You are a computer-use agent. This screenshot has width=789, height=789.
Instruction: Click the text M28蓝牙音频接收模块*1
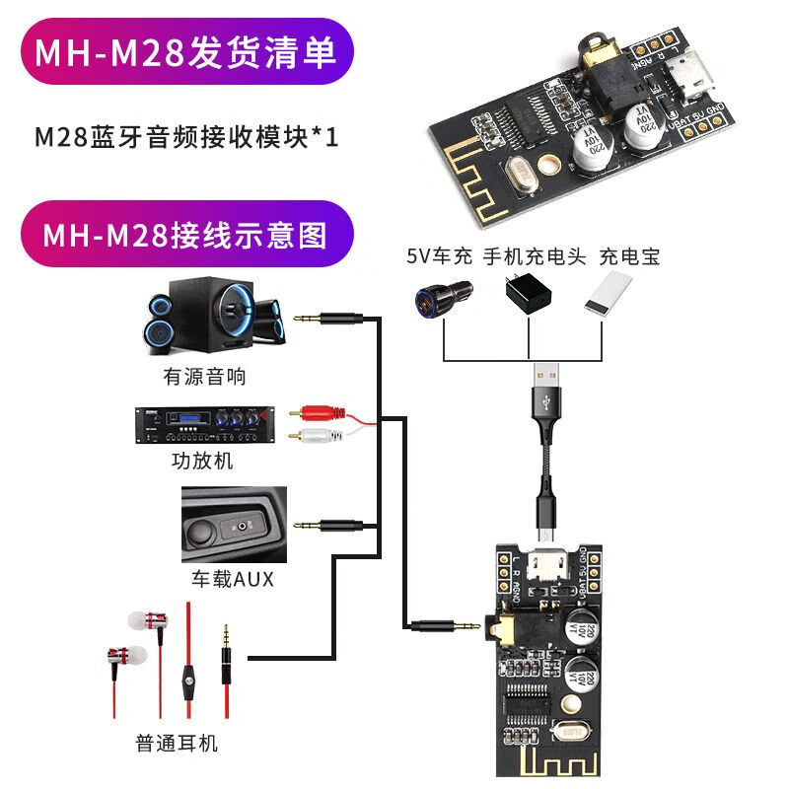[186, 137]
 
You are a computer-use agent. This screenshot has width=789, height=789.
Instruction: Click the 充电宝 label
[629, 257]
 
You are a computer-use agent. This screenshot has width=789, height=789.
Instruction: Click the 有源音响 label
[204, 377]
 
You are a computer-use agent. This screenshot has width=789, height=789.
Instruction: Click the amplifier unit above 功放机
[205, 426]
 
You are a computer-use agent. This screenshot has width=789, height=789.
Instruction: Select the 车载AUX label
[233, 580]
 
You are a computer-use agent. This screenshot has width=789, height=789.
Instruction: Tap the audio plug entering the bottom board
[445, 624]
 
